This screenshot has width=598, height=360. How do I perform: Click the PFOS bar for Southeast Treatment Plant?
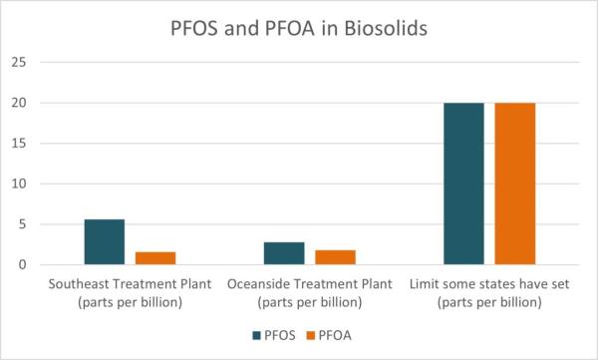[x=104, y=242]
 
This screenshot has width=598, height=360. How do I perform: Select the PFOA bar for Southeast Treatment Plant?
[x=155, y=258]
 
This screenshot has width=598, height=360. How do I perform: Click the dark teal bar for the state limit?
[x=463, y=183]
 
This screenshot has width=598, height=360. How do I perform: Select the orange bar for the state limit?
[x=515, y=183]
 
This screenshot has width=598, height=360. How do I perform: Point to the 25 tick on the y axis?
[x=18, y=62]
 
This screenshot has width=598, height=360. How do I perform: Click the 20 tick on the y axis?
[x=18, y=103]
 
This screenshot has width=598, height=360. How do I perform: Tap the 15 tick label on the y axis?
[x=18, y=144]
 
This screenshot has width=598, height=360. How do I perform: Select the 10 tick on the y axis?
[x=18, y=183]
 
